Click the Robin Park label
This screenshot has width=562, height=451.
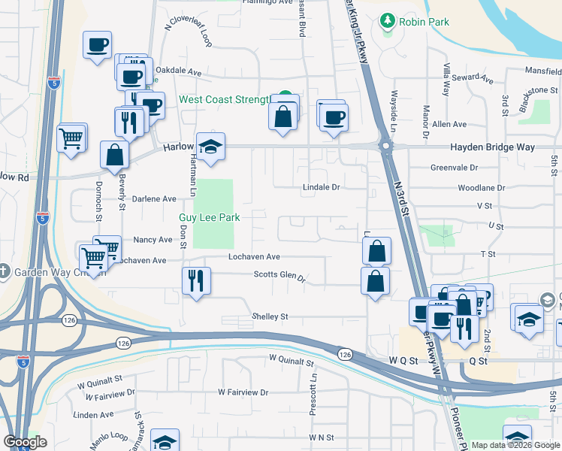[424, 22]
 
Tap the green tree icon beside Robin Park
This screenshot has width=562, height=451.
[388, 21]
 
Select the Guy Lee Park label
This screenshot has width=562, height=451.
[209, 217]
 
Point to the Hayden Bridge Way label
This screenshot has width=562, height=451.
[492, 147]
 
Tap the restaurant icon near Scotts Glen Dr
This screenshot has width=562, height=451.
[196, 280]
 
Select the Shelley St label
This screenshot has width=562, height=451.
[270, 316]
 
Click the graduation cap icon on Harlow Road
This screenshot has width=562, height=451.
[211, 146]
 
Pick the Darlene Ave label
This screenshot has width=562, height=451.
[154, 199]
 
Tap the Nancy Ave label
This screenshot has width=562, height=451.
[153, 240]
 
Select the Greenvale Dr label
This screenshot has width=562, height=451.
[455, 168]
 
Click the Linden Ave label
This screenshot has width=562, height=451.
[93, 415]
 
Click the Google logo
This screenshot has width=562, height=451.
[25, 442]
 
